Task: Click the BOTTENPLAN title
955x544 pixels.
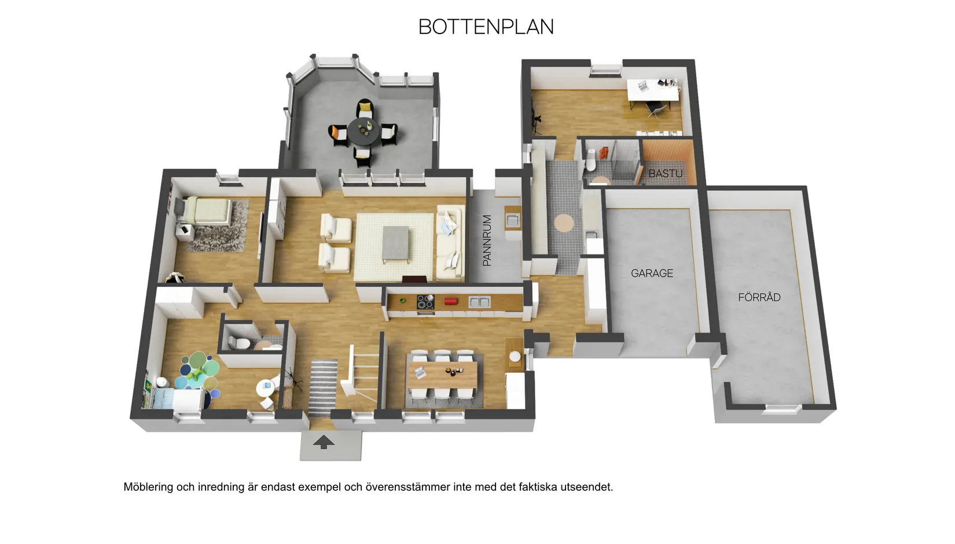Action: [x=486, y=27]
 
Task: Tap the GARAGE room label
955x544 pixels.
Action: [x=652, y=273]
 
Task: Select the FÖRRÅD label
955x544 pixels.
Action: [x=759, y=297]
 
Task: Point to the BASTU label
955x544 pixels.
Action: [x=666, y=173]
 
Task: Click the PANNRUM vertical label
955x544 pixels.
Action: [x=487, y=240]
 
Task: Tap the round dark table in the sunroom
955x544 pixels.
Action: [x=363, y=131]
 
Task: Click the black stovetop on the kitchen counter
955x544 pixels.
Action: [x=425, y=302]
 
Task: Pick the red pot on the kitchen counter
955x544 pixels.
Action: [x=451, y=302]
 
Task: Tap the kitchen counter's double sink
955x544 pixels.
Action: [x=480, y=302]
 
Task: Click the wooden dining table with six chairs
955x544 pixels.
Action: [x=443, y=375]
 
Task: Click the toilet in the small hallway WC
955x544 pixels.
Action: [x=238, y=342]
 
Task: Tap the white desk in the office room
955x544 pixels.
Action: [x=653, y=90]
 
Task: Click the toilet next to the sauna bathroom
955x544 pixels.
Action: [x=590, y=160]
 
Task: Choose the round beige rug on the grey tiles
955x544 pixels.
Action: [x=564, y=223]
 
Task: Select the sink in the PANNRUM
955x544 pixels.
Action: [x=512, y=220]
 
